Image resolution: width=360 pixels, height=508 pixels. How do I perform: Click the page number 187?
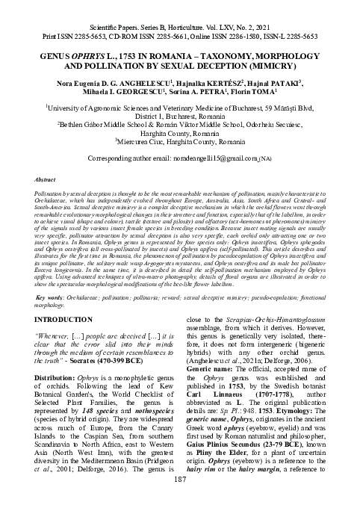click(180, 500)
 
